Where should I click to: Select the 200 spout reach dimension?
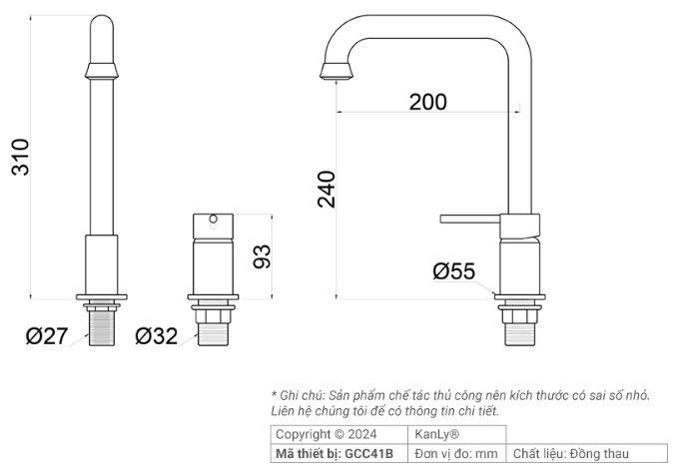pos(427,101)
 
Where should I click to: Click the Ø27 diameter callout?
pos(47,336)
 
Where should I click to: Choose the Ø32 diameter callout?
pos(156,336)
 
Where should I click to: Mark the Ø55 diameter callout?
pos(453,270)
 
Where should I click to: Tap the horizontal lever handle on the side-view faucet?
pos(469,219)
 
